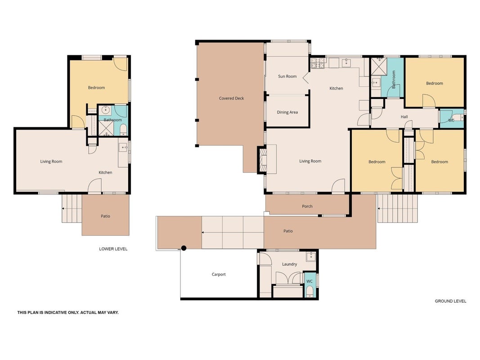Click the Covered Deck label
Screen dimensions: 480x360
click(231, 98)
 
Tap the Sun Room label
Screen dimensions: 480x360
click(287, 76)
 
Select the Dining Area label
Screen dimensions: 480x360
click(287, 112)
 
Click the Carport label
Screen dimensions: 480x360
click(219, 274)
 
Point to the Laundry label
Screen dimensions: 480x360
click(289, 264)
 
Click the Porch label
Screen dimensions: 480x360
click(307, 207)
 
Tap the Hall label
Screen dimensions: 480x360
click(404, 117)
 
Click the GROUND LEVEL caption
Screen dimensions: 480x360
click(450, 301)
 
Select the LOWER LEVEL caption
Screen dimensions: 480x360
click(113, 249)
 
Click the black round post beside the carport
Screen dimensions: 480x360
click(184, 248)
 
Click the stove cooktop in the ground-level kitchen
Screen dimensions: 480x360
click(318, 63)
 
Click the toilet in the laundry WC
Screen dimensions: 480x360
click(310, 291)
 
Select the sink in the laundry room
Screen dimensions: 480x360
click(311, 256)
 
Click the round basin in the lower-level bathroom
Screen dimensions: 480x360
click(106, 109)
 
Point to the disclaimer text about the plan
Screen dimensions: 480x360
click(68, 313)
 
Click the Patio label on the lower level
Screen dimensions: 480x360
click(105, 216)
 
